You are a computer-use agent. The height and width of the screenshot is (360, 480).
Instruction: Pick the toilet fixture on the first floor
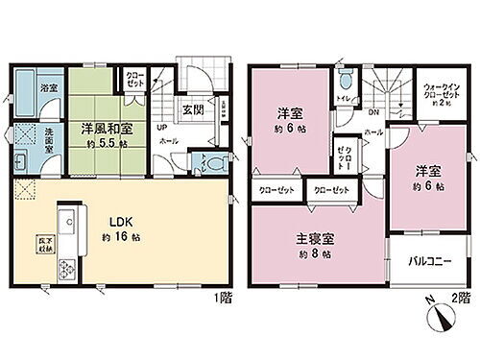[204, 163]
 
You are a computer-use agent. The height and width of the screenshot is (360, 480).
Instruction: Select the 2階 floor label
[464, 324]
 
